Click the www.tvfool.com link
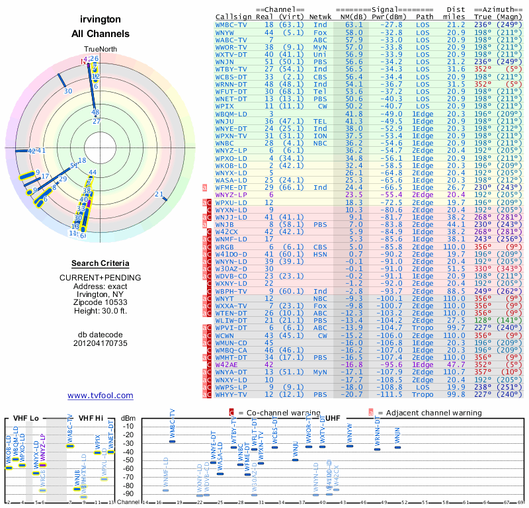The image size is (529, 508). coord(101,396)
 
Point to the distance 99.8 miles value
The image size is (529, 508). coord(455,395)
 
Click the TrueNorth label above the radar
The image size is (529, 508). coord(101,50)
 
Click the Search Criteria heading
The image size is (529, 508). coord(101,263)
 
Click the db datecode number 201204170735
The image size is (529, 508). coord(101,344)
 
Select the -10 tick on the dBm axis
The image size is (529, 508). coord(129,426)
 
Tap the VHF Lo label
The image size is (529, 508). coord(26,418)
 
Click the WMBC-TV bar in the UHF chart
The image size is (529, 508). coord(173,441)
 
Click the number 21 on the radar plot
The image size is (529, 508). coord(159,194)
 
